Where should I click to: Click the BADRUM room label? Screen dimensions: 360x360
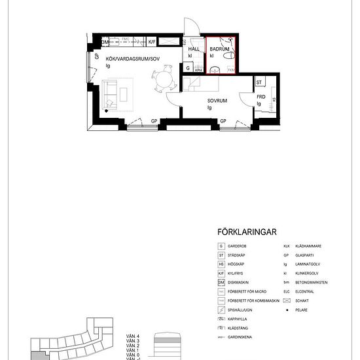(219, 48)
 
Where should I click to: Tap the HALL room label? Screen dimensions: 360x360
(194, 49)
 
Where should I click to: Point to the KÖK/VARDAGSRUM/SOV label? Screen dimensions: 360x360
(128, 59)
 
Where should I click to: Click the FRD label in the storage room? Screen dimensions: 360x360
(260, 96)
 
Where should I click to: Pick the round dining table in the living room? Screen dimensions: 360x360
(162, 82)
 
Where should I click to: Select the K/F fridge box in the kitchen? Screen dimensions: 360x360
(153, 42)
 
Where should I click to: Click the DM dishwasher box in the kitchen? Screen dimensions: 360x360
(106, 43)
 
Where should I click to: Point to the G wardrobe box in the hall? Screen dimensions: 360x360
(189, 67)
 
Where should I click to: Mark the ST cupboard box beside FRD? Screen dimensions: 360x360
(259, 82)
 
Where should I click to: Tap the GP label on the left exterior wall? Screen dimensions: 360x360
(96, 57)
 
